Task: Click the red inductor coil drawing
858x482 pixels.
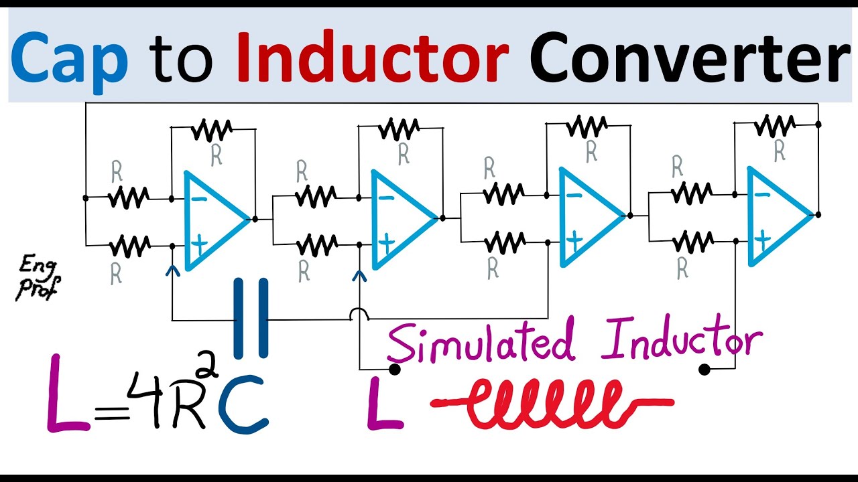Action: coord(553,404)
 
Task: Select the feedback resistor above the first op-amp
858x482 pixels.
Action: coord(212,129)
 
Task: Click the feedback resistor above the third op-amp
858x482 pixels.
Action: coord(587,126)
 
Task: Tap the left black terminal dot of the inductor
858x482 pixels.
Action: coord(395,369)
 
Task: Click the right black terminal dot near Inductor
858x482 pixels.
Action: coord(704,369)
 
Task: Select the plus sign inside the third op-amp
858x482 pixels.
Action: coord(574,240)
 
